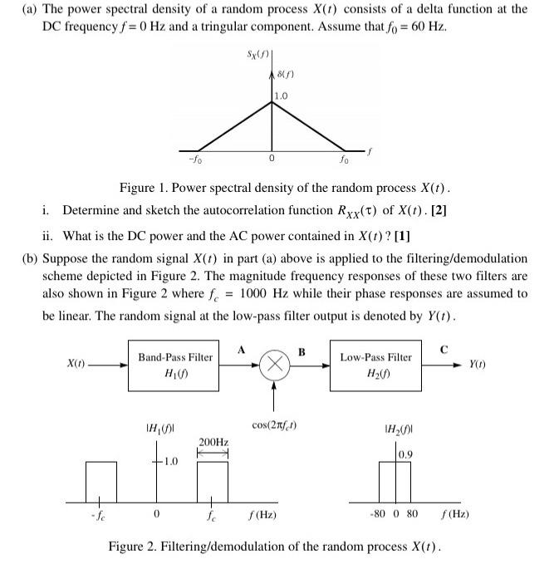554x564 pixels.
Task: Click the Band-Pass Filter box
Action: [175, 365]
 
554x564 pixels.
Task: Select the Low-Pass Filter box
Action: [375, 365]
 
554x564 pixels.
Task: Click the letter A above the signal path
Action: [240, 348]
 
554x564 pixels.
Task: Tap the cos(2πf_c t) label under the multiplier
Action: [275, 426]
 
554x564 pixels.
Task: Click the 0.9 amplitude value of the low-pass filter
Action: [405, 454]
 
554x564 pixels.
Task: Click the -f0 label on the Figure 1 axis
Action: [194, 159]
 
